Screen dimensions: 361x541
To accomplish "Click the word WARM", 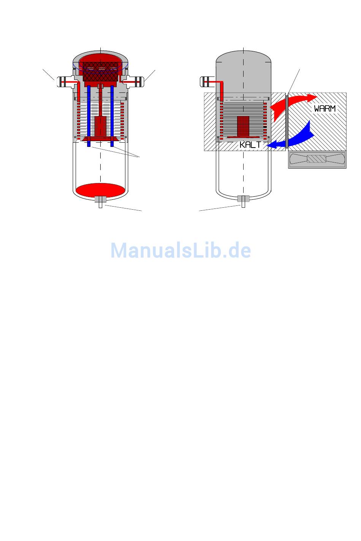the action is pos(325,108).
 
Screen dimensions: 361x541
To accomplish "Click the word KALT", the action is pos(250,145).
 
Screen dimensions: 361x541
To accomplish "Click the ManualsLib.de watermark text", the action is pos(180,250).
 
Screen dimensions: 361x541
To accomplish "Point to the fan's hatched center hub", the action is pos(317,160).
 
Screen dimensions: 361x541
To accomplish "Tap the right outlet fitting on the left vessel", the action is pos(136,81).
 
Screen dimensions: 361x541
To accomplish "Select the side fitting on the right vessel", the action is pos(207,81).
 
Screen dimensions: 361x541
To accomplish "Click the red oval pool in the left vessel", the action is pos(100,189).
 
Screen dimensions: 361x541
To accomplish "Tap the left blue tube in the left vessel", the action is pos(89,114).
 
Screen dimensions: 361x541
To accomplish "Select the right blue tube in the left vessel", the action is pos(112,114).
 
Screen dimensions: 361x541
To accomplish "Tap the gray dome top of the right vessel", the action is pos(243,65).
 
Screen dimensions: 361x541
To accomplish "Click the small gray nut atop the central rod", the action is pos(100,86).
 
